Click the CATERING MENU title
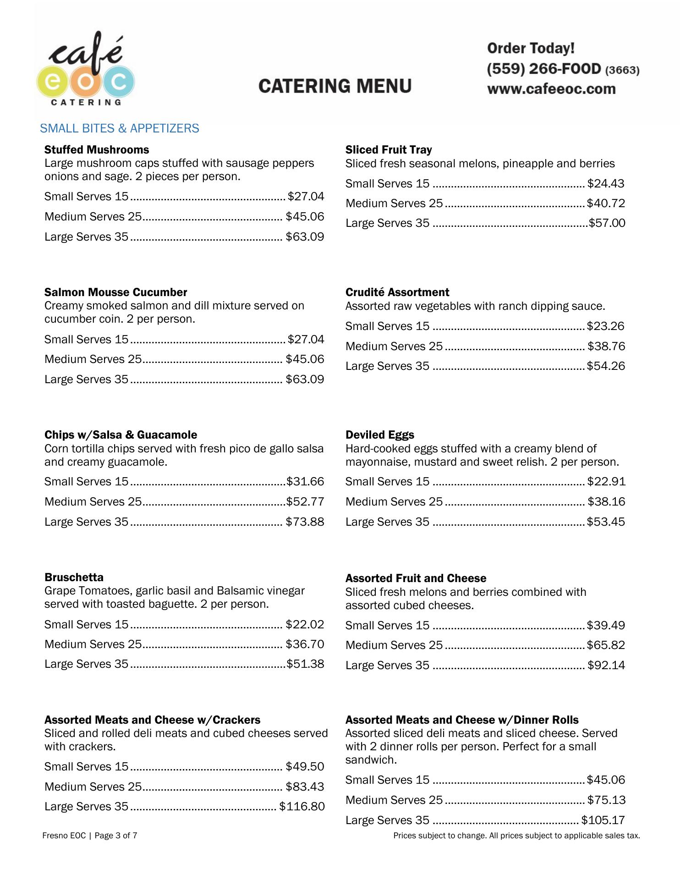point(335,86)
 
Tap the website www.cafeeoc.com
point(551,89)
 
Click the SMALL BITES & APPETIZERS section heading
point(120,128)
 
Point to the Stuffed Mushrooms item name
point(97,150)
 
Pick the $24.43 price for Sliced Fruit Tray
point(605,184)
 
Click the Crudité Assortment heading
point(397,292)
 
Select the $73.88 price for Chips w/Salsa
point(305,522)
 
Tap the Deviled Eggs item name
point(380,435)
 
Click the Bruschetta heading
point(74,577)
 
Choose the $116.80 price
point(302,807)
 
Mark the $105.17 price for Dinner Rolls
point(603,820)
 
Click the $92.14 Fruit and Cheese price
point(606,665)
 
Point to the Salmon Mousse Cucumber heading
point(116,292)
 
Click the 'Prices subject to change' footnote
point(516,836)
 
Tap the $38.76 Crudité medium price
point(606,346)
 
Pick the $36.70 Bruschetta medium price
point(305,644)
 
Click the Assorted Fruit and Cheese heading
point(416,578)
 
